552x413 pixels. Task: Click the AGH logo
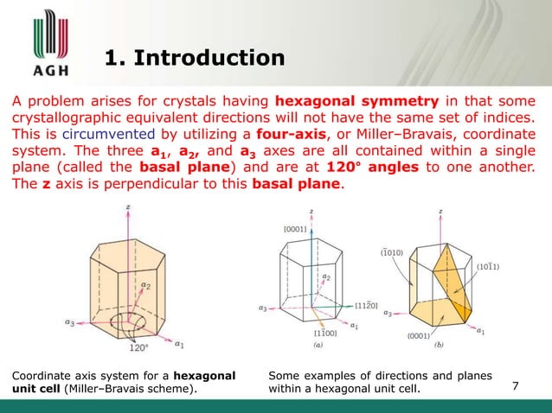tap(42, 43)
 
